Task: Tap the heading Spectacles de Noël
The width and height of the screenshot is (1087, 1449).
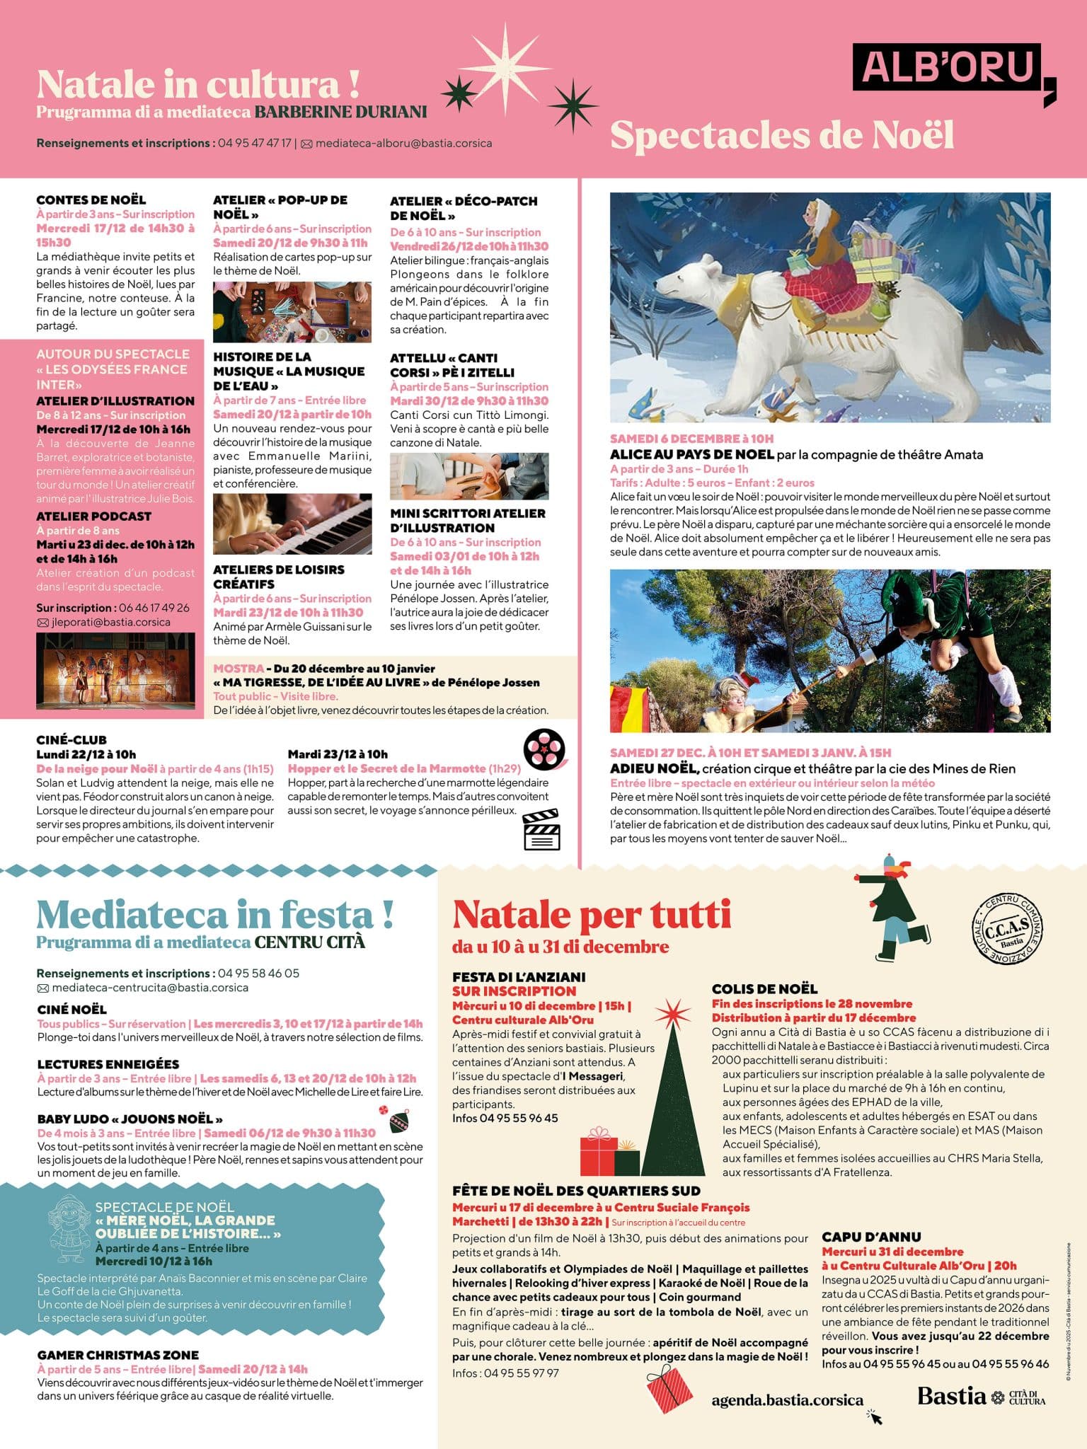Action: (x=781, y=135)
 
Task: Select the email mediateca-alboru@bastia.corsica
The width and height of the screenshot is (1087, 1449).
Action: (x=403, y=143)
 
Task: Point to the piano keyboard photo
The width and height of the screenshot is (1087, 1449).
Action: (x=292, y=524)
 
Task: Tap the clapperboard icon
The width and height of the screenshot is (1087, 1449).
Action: (x=541, y=830)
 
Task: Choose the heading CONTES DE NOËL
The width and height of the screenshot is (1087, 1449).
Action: (x=91, y=200)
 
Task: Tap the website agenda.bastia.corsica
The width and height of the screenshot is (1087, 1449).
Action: (x=787, y=1400)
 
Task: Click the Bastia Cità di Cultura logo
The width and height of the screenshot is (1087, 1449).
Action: (x=981, y=1396)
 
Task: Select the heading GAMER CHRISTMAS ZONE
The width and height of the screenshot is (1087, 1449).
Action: (x=118, y=1355)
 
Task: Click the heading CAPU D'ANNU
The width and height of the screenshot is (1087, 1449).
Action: (x=871, y=1237)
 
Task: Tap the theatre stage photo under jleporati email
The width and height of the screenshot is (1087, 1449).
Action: (x=115, y=671)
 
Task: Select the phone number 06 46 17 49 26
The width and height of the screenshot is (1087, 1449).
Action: (x=154, y=608)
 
